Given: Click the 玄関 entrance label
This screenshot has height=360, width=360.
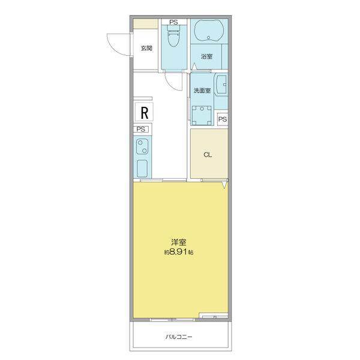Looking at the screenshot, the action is click(146, 48).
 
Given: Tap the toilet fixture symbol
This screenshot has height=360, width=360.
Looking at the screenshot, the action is click(173, 35).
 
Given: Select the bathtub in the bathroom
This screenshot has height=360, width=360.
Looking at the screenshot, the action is click(209, 31).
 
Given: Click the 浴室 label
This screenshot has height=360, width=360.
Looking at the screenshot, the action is click(207, 56).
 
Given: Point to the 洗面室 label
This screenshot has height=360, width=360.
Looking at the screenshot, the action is click(202, 91).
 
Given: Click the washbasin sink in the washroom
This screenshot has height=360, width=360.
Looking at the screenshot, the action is click(221, 85).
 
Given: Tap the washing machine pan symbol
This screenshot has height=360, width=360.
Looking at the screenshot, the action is click(202, 115).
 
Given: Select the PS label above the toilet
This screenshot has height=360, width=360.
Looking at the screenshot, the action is click(173, 22).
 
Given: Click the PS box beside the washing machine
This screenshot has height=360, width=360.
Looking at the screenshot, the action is click(223, 119).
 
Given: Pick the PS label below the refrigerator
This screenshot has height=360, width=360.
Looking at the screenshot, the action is click(141, 129).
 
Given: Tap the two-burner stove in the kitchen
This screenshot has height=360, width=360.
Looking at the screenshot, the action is click(142, 147).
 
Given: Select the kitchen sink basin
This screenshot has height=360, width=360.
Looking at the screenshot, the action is click(142, 169).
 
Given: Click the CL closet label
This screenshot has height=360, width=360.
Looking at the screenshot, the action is click(208, 155).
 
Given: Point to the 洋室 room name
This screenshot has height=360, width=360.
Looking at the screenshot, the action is click(178, 242).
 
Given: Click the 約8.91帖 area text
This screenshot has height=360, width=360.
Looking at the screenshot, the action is click(179, 252).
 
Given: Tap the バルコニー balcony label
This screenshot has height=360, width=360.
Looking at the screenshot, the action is click(179, 337).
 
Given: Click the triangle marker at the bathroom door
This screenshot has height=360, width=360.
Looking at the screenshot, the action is click(194, 66).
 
